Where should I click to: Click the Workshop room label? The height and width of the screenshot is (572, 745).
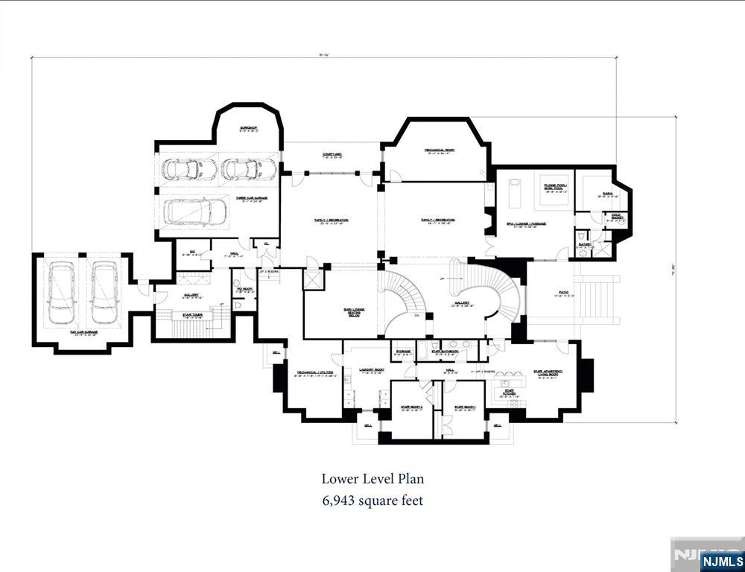click(x=248, y=129)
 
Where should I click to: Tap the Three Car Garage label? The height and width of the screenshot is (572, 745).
click(x=251, y=198)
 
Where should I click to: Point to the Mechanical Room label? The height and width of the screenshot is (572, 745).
click(x=440, y=150)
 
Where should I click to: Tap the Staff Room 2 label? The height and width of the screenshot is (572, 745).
click(x=411, y=407)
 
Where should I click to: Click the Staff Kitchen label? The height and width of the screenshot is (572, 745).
click(x=510, y=392)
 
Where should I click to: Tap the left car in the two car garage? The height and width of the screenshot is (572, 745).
click(x=60, y=293)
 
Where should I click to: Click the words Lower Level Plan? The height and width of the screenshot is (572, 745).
click(x=372, y=479)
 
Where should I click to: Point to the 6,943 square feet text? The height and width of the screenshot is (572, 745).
click(x=372, y=500)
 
